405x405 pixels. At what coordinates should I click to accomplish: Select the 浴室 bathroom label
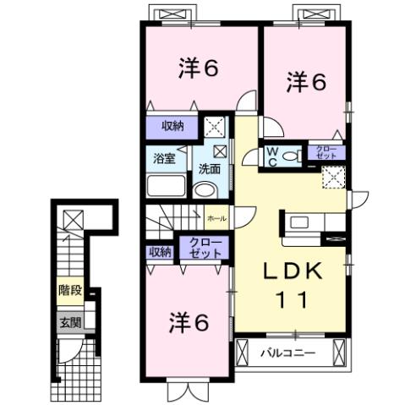[164, 159]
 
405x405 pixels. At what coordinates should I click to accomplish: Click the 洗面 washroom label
[209, 169]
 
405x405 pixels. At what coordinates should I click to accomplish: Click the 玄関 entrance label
[70, 321]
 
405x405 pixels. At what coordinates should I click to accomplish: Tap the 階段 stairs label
[70, 291]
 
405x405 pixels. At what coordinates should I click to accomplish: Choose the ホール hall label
[215, 217]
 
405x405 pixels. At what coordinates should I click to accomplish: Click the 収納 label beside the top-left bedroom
[173, 127]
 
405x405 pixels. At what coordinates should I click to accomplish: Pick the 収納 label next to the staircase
[161, 251]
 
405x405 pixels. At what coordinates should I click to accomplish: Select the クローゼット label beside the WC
[326, 153]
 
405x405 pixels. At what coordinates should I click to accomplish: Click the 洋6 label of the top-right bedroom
[305, 82]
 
